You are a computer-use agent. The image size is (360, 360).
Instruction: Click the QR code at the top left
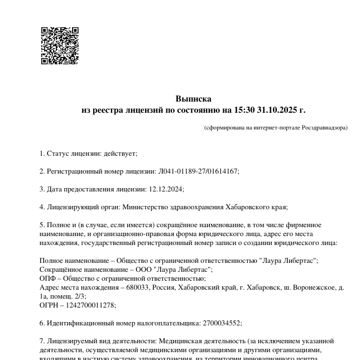pyautogui.click(x=60, y=46)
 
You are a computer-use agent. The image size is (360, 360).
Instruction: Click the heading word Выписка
pyautogui.click(x=193, y=99)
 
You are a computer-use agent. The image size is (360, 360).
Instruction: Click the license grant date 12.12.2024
pyautogui.click(x=166, y=189)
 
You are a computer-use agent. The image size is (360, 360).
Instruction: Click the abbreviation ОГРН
pyautogui.click(x=49, y=305)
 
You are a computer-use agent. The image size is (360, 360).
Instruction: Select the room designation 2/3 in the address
pyautogui.click(x=79, y=296)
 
